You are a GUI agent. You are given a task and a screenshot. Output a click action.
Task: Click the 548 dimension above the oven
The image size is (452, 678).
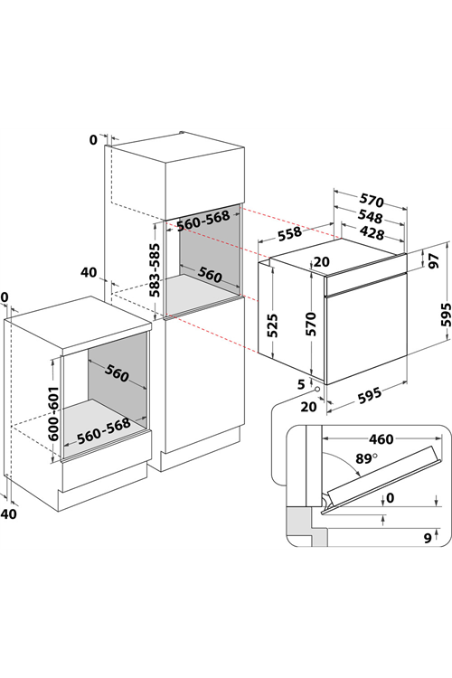pyautogui.click(x=372, y=216)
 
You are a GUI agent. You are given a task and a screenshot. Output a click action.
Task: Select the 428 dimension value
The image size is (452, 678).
pyautogui.click(x=372, y=233)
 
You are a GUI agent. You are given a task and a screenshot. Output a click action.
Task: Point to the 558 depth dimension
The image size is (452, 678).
pyautogui.click(x=290, y=233)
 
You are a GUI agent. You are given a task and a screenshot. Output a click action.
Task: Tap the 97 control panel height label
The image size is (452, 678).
pyautogui.click(x=434, y=260)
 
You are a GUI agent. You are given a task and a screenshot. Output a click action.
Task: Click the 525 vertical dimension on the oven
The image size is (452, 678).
pyautogui.click(x=272, y=325)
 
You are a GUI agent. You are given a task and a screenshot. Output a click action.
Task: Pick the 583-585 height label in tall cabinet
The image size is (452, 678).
pyautogui.click(x=155, y=270)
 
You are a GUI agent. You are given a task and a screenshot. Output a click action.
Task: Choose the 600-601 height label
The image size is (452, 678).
pyautogui.click(x=52, y=413)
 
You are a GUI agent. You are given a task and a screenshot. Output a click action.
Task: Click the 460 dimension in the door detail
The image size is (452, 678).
pyautogui.click(x=381, y=439)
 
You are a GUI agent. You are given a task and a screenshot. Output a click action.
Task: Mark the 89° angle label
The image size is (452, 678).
pyautogui.click(x=366, y=458)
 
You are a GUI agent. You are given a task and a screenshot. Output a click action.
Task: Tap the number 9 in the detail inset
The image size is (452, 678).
pyautogui.click(x=428, y=538)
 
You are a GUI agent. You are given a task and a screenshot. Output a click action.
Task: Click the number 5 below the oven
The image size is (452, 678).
pyautogui.click(x=301, y=383)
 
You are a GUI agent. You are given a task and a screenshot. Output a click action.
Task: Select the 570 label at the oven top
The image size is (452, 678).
pyautogui.click(x=372, y=200)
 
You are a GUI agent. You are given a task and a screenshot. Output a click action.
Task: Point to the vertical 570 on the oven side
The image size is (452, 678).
pyautogui.click(x=311, y=324)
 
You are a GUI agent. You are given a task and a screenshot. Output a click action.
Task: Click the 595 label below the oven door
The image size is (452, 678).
pyautogui.click(x=370, y=396)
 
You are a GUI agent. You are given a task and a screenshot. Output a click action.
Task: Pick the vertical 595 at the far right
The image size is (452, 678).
pyautogui.click(x=446, y=315)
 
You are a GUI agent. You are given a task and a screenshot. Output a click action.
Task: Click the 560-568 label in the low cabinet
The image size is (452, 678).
pyautogui.click(x=104, y=430)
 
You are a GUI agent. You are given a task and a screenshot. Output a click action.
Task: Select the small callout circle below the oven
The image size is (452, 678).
pyautogui.click(x=318, y=389)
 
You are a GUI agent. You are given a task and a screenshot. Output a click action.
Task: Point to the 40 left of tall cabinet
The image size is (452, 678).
pyautogui.click(x=89, y=273)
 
